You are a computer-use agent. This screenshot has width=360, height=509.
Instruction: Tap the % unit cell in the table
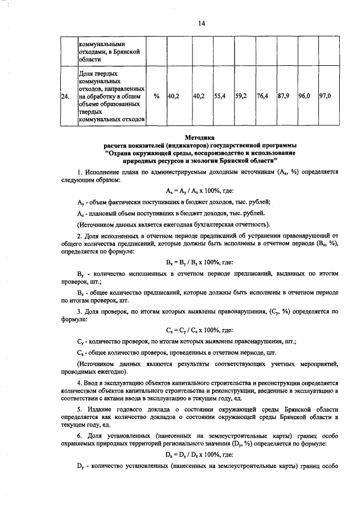156,96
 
